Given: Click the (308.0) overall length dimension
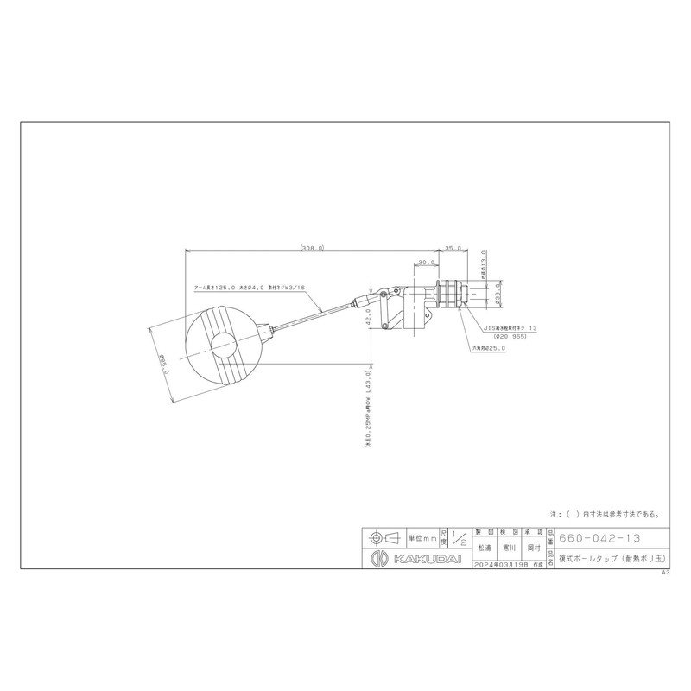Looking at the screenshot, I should click(x=312, y=248).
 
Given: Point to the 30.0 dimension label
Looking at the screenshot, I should click(x=425, y=262).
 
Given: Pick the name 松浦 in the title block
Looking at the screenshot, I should click(x=485, y=547).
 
